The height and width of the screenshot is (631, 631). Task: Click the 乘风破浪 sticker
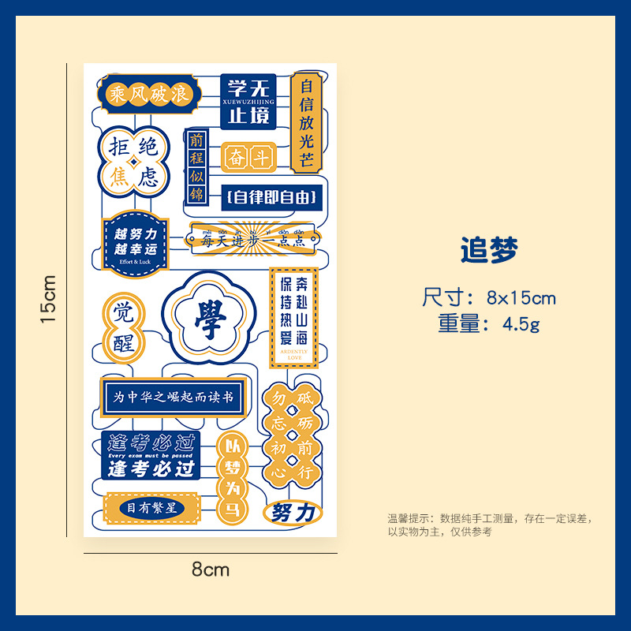(150, 95)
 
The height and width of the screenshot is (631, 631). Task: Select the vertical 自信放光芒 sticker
(306, 122)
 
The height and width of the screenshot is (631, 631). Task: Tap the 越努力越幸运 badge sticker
(136, 243)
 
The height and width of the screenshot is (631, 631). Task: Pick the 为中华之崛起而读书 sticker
(174, 398)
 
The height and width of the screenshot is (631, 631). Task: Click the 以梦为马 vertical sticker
(233, 466)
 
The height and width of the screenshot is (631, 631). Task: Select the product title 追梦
(489, 251)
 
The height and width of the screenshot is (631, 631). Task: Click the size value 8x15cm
(521, 298)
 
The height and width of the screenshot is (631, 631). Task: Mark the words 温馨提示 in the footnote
(408, 519)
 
